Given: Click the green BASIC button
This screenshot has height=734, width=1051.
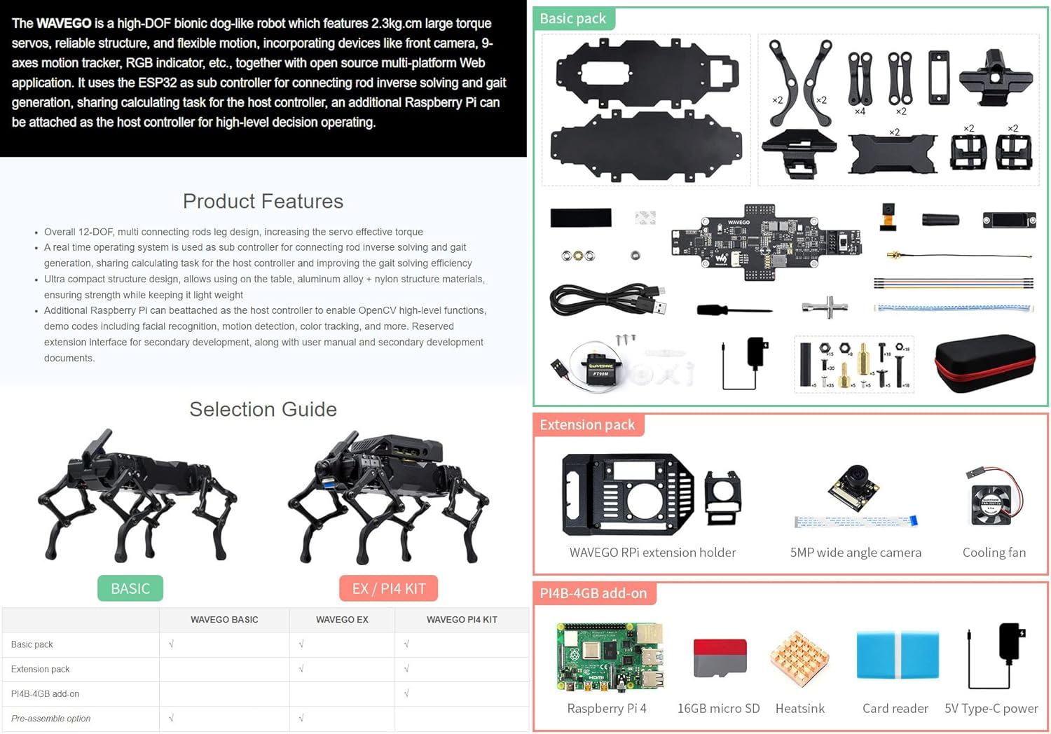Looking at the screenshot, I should [x=130, y=588].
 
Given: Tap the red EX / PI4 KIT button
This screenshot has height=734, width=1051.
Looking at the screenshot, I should [x=388, y=588].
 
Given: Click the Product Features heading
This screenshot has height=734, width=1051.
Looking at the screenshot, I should [x=263, y=202].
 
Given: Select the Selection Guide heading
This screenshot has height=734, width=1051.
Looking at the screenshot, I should [x=263, y=410].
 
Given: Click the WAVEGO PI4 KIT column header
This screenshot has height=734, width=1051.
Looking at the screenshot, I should [x=462, y=620].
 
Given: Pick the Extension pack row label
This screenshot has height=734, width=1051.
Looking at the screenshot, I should [x=41, y=670].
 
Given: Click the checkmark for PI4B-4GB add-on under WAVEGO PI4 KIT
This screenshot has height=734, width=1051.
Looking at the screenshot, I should [x=406, y=693].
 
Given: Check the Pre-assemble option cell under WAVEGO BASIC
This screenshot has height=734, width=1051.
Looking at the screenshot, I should [x=171, y=719].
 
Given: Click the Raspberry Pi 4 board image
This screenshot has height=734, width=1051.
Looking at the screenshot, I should [x=610, y=657].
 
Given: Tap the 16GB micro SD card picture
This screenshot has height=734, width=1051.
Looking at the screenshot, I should [x=720, y=658].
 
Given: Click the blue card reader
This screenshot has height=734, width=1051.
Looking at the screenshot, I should [x=897, y=656].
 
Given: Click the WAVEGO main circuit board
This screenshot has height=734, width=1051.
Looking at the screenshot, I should [x=766, y=242].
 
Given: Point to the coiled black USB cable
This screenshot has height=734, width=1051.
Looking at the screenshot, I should [x=606, y=300].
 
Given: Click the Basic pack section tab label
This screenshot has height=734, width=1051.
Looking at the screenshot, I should [x=572, y=19].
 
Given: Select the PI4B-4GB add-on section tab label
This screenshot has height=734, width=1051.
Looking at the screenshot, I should [x=593, y=593].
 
